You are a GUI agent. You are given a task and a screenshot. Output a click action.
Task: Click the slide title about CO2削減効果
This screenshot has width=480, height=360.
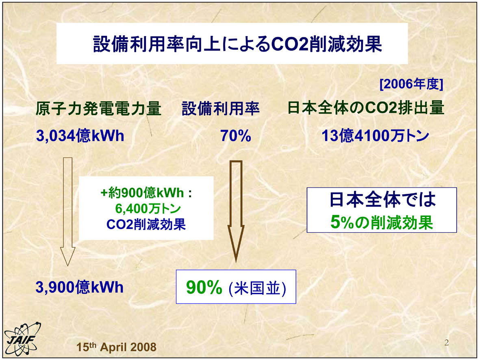(237, 44)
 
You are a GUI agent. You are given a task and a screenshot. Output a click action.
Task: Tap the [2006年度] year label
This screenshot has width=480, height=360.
(411, 84)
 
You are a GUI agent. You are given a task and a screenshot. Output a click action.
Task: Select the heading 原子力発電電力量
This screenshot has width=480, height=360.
(99, 109)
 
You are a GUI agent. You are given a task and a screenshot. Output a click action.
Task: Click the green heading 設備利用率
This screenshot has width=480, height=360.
(221, 109)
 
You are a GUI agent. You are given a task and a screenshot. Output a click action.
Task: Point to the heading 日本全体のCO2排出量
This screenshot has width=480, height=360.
(366, 108)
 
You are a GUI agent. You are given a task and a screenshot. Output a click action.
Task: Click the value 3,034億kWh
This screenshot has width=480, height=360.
(80, 135)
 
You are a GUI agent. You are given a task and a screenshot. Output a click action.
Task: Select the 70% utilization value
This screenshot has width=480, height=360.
(236, 136)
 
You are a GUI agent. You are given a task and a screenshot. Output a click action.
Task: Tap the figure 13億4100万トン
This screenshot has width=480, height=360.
(375, 135)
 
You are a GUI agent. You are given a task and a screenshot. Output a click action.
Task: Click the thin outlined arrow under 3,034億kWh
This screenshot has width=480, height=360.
(67, 212)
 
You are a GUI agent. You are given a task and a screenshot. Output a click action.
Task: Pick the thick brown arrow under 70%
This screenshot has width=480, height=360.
(236, 212)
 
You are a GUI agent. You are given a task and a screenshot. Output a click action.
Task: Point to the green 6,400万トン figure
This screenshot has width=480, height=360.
(148, 209)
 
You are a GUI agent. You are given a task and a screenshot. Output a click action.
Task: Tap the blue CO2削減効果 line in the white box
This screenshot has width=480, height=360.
(146, 225)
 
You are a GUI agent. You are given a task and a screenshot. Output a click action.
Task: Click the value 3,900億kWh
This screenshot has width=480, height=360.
(80, 287)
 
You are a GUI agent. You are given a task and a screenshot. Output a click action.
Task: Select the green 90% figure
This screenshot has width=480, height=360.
(204, 287)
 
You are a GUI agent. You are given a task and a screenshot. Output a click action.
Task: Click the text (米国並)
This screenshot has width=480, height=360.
(257, 288)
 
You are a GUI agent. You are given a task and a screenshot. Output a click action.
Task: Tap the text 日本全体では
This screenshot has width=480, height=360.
(382, 199)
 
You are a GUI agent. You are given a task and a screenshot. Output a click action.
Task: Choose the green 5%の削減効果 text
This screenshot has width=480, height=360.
(382, 222)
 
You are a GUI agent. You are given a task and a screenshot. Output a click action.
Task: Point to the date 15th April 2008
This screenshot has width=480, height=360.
(116, 347)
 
